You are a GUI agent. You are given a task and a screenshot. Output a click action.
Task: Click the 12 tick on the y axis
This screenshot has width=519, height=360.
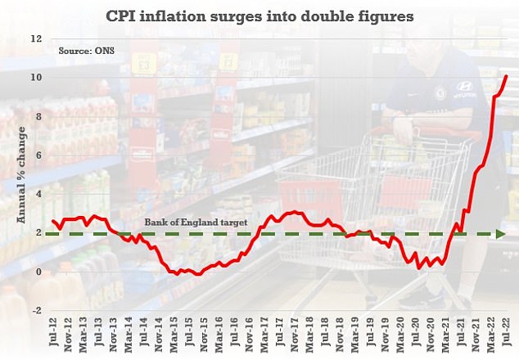click(35, 38)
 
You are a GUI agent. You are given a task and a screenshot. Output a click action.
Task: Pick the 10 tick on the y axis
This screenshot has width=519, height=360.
click(35, 78)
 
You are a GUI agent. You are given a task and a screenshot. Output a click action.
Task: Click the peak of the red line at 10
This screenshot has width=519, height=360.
click(506, 76)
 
